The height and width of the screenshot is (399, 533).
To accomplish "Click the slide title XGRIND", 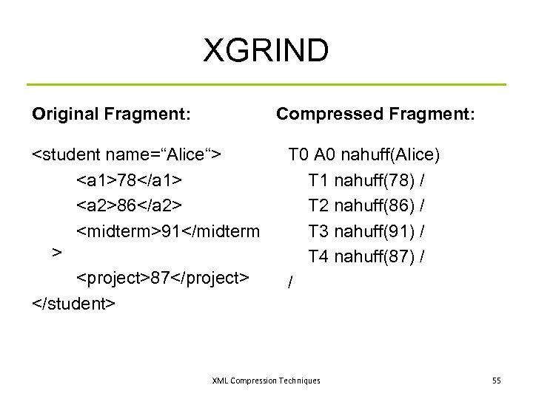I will tap(266, 50).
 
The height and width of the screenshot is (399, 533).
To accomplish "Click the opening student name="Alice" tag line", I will tap(128, 155).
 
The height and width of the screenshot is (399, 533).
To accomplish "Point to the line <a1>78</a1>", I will tap(130, 180).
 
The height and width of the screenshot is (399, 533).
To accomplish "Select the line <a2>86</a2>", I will tap(130, 205).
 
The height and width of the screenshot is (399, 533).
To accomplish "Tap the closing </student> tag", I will tap(73, 303).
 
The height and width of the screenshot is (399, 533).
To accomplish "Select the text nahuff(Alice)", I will tap(396, 155).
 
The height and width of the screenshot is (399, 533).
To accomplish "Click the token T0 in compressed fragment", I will tap(299, 155).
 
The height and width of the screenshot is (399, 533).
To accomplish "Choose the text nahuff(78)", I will tap(373, 180).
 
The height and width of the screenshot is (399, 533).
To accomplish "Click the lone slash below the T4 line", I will tap(291, 282).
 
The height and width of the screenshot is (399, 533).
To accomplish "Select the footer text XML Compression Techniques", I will tap(266, 381).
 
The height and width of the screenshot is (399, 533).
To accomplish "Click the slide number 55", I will tap(496, 381).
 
